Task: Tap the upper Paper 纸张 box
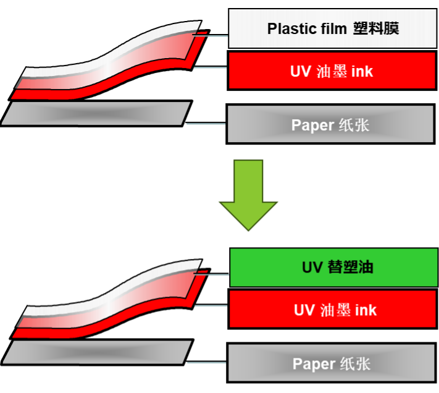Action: (x=330, y=125)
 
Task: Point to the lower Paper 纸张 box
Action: (x=332, y=364)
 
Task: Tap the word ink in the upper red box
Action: (x=362, y=71)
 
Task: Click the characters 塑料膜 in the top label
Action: (x=376, y=29)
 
